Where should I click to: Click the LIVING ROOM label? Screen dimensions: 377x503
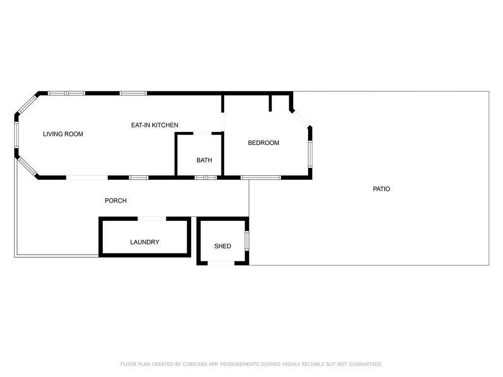click(x=63, y=134)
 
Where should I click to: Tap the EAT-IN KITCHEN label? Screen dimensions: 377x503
click(x=154, y=125)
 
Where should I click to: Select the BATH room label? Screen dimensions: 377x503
click(x=204, y=160)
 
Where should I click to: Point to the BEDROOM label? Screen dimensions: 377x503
click(x=263, y=143)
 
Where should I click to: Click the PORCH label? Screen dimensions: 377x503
click(x=115, y=200)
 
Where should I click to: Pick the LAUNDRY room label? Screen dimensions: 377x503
click(x=144, y=242)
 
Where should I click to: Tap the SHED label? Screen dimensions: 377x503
click(x=223, y=246)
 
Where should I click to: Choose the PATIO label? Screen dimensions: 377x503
click(x=381, y=189)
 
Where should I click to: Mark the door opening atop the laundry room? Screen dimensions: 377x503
click(x=152, y=218)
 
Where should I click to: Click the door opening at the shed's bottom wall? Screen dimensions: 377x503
click(x=221, y=264)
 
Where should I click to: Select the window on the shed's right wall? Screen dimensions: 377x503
click(x=247, y=241)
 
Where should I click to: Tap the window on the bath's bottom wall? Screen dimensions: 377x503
click(x=206, y=177)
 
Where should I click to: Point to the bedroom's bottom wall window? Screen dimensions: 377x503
click(x=260, y=177)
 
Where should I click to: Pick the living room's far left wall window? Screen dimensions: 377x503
click(x=16, y=135)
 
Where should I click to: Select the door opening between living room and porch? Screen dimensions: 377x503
click(x=87, y=177)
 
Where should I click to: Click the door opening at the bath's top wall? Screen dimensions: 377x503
click(x=202, y=133)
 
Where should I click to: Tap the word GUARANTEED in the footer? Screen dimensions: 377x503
click(x=365, y=364)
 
